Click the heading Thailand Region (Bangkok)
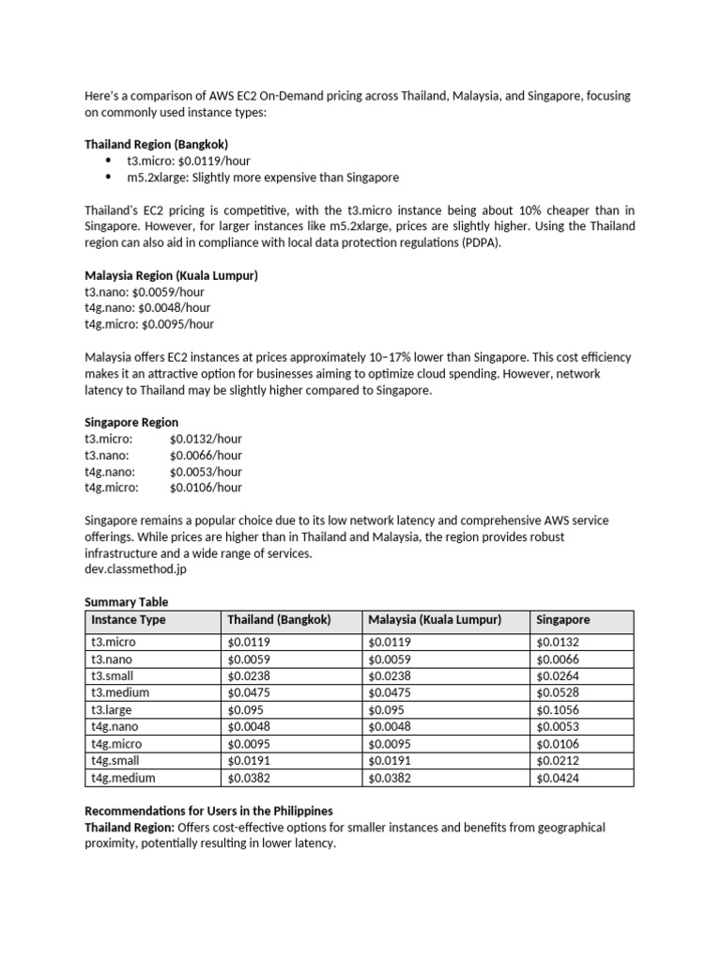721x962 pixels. [x=156, y=145]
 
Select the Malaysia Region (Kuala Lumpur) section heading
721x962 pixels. [x=171, y=276]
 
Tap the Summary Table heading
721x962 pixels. [x=127, y=601]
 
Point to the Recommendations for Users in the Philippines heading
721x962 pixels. [x=208, y=811]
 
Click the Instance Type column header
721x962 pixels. [x=129, y=620]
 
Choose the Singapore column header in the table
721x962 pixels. [x=563, y=620]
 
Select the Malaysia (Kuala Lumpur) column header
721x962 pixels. [x=435, y=620]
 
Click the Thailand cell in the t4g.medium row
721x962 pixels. [x=250, y=778]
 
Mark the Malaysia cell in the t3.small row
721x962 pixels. [x=390, y=676]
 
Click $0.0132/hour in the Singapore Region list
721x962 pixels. [x=206, y=439]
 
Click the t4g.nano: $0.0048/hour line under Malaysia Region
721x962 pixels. [x=147, y=308]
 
